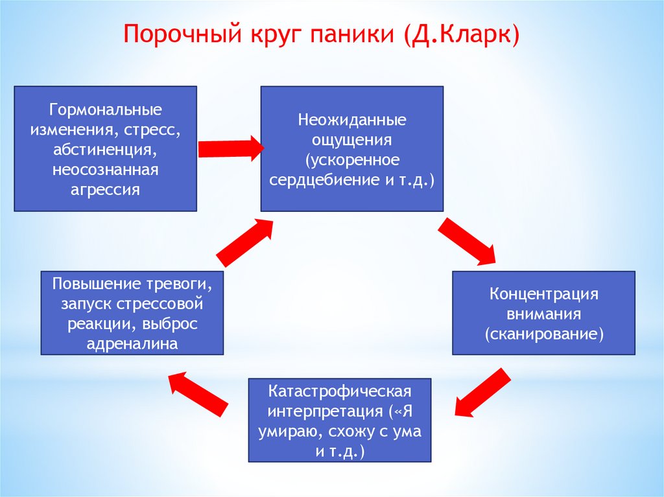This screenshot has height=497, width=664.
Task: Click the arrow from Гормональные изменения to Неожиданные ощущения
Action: click(x=230, y=148)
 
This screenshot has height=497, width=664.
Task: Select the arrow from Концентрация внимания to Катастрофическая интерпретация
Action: click(x=480, y=393)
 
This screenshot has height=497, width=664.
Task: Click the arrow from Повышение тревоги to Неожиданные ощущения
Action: click(x=245, y=242)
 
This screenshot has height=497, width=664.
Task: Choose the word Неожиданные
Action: click(x=352, y=121)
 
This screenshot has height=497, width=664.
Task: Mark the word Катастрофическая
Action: click(x=340, y=393)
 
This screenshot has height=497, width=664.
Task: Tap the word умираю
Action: click(x=292, y=433)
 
